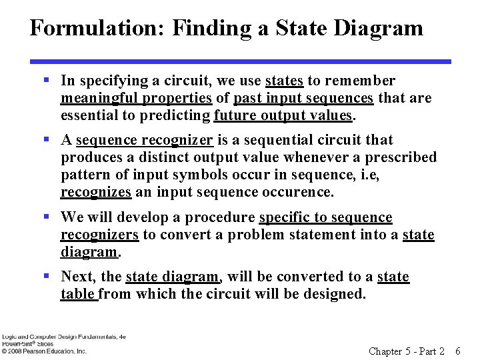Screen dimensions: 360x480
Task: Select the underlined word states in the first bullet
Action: coord(284,81)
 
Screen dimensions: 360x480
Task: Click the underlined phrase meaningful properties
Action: coord(136,98)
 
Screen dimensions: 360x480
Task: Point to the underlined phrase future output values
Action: coord(283,115)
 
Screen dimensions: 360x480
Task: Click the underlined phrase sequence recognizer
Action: coord(145,140)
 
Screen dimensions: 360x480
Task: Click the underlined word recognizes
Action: coord(95,192)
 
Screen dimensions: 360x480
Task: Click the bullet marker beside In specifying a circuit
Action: coord(47,81)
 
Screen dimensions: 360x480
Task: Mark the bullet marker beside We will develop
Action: coord(47,217)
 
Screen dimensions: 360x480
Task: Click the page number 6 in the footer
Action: coord(457,351)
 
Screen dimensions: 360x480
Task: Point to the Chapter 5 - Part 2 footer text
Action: coord(406,351)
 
